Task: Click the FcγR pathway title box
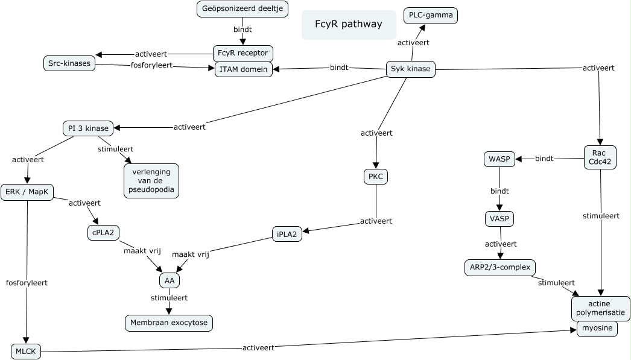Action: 349,25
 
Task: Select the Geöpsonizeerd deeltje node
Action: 243,9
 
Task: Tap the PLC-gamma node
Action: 431,15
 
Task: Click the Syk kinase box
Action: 410,69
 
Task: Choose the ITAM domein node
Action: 244,69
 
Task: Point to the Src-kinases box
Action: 69,63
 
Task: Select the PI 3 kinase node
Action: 87,128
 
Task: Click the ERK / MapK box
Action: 28,192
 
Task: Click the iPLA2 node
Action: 287,235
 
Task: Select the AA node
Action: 170,280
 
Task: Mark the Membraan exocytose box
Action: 169,323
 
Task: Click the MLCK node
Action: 26,351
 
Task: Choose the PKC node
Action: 376,177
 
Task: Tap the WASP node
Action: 499,159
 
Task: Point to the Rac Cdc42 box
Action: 600,157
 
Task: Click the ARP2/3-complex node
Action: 499,267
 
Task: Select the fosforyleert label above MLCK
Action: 27,282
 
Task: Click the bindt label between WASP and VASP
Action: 499,191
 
